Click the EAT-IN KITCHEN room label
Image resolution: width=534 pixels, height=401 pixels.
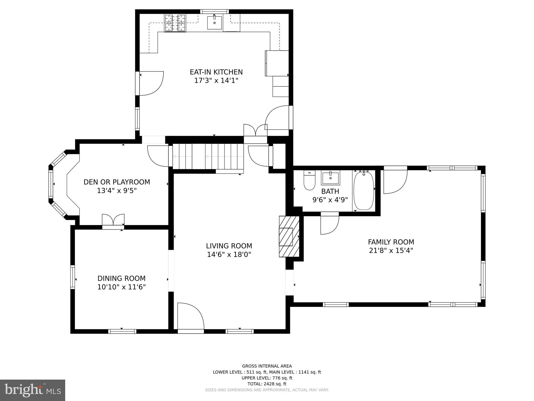coord(216,72)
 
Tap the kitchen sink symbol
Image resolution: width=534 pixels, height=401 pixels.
coord(215,23)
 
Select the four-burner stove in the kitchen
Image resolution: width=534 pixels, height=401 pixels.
coord(175,23)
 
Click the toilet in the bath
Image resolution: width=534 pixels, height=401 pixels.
coord(310,180)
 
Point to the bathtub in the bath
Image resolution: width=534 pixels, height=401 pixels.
coord(364,191)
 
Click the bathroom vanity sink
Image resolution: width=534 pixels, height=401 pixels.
coord(330,178)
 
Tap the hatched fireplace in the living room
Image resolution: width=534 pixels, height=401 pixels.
coord(289,237)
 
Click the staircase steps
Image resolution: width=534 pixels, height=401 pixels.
coord(208,157)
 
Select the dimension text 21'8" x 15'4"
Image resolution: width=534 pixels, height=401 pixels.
coord(391,251)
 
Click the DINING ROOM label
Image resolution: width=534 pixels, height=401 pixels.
coord(122,278)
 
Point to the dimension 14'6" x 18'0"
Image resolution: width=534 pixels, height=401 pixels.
coord(229,255)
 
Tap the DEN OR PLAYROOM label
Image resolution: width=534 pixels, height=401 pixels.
coord(117,182)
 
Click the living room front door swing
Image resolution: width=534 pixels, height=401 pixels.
coord(191,316)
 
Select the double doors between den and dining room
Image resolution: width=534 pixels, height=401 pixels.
coord(113,221)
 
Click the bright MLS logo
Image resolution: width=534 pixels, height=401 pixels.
coord(33,390)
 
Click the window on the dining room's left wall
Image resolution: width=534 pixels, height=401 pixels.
coord(73,277)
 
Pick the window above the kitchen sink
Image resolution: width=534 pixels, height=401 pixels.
coord(214,11)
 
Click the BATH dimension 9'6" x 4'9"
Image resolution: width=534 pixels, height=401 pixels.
coord(330,200)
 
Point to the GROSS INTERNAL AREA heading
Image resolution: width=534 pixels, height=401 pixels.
coord(267,366)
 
